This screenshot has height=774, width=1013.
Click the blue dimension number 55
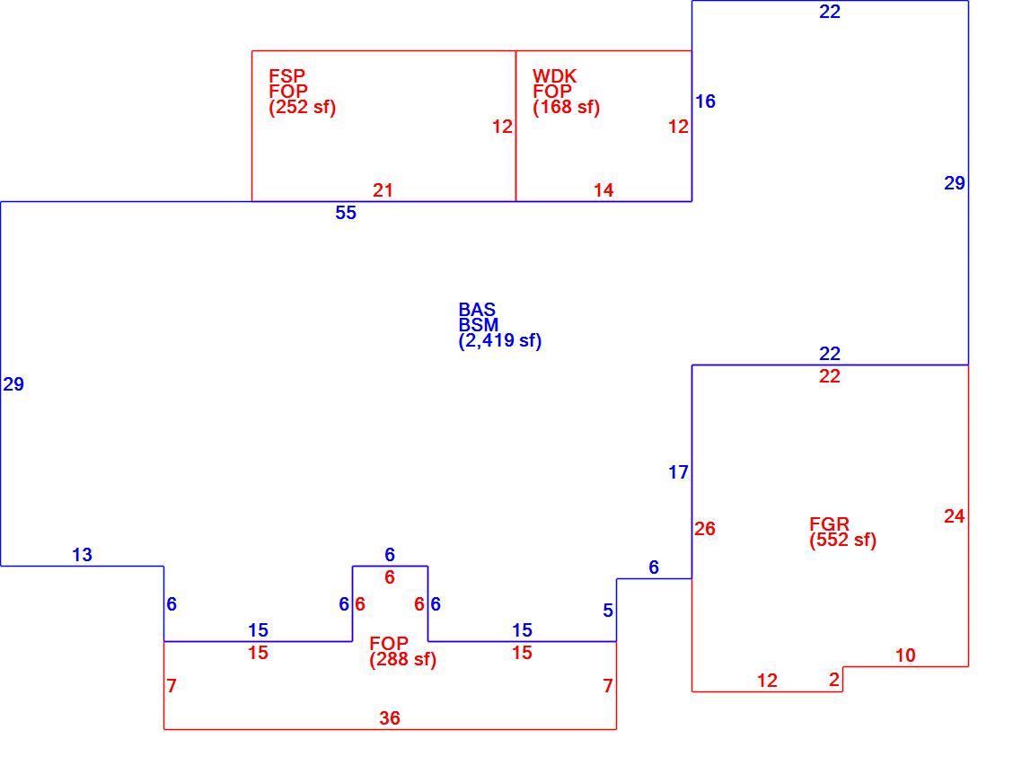pos(346,213)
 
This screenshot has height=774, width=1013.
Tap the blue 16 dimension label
pos(706,101)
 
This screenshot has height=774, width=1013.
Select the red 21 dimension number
pos(383,190)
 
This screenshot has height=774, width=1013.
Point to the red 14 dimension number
pos(603,190)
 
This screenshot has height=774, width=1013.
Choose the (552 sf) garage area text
pos(843,540)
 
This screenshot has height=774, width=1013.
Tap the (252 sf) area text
pos(303,107)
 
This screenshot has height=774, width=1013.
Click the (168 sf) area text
pos(567,107)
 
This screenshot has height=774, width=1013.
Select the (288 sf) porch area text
pos(403,659)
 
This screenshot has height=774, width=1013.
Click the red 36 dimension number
pos(390,717)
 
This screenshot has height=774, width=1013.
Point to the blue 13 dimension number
pos(82,554)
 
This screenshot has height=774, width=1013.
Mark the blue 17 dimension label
pos(678,472)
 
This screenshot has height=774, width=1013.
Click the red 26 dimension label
pos(705,529)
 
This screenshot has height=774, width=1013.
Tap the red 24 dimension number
pos(955,516)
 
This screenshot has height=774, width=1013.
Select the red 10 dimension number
pos(906,655)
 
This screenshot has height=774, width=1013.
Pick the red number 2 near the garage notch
pos(834,680)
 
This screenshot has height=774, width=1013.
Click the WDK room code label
pos(554,76)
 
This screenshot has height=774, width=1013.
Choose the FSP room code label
pos(286,76)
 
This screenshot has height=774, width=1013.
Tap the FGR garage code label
pos(830,523)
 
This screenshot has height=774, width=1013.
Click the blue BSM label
pos(479,324)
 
